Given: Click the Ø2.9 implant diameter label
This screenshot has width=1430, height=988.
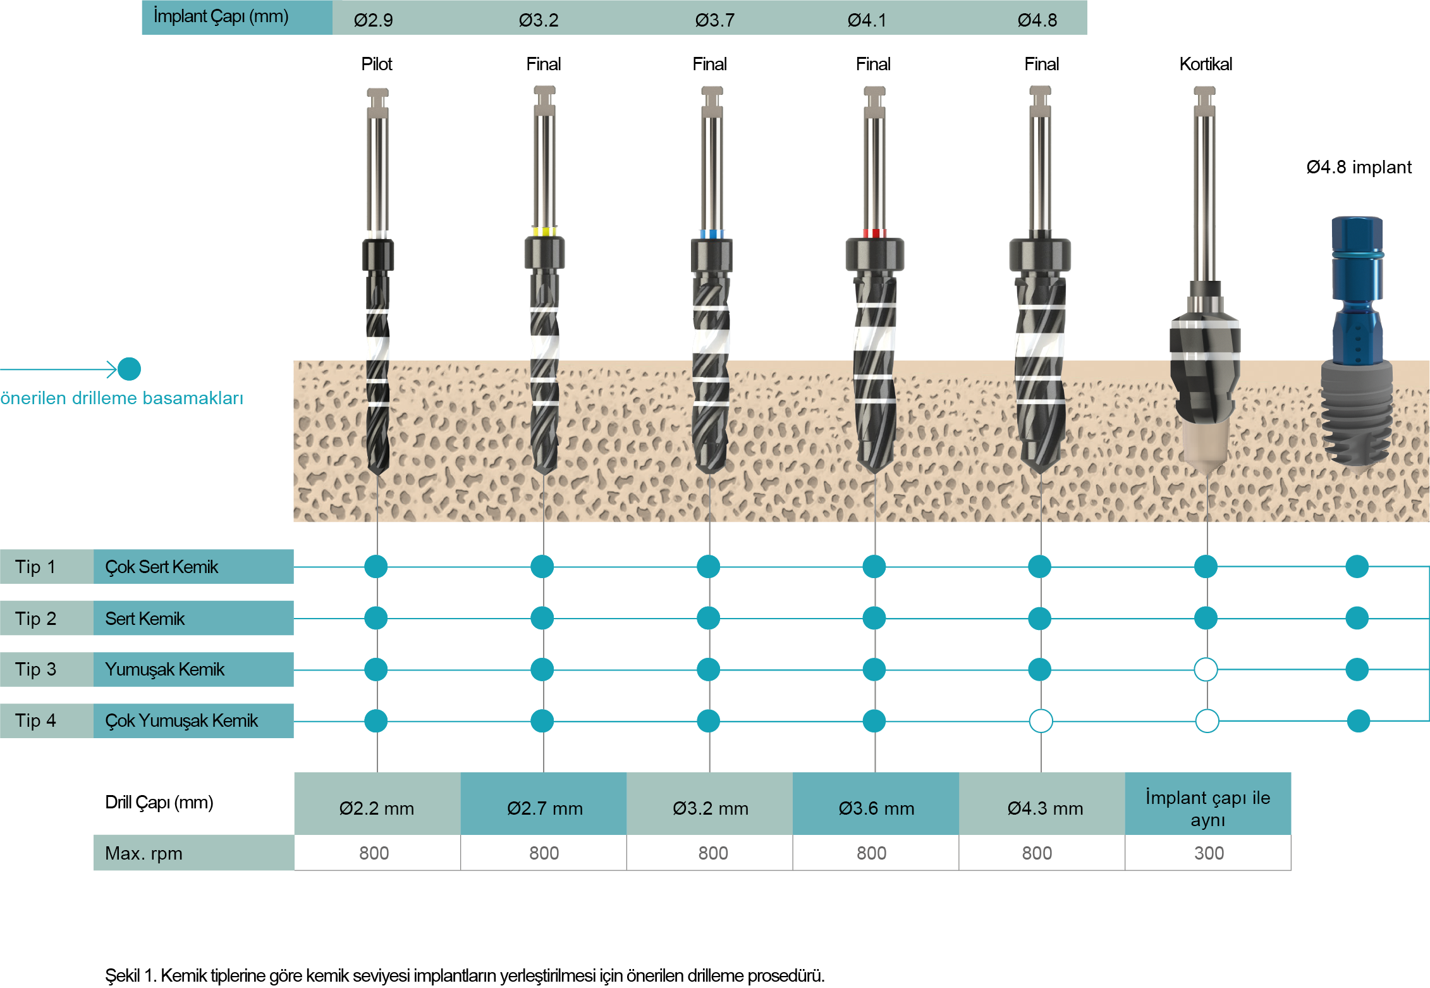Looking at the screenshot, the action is coord(373,20).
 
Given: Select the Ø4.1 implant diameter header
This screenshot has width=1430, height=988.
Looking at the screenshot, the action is coord(867,20).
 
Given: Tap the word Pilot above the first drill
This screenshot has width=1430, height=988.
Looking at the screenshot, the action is coord(377,64).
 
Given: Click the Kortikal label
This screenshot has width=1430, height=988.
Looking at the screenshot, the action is coord(1206,64).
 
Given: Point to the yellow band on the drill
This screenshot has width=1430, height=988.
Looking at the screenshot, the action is coord(544,232).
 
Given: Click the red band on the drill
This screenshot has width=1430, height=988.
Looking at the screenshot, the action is coord(875,233).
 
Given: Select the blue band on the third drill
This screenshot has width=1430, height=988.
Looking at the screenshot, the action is coord(712,233).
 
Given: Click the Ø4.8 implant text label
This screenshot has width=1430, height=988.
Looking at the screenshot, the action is coord(1359,167).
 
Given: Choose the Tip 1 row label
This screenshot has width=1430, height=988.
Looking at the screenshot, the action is coord(35,567).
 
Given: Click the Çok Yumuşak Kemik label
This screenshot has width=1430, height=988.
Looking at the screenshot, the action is coord(181,720).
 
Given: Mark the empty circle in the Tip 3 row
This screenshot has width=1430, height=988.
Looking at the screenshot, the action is coord(1206,669).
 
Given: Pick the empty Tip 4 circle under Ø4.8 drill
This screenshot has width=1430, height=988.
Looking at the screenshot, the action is coord(1041,720).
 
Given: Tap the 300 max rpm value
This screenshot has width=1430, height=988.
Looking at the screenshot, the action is coord(1209,853).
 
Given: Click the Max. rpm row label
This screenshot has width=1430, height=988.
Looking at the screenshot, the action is coord(144,853).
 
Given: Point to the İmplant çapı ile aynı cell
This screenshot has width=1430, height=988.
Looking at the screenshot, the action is coord(1208,803).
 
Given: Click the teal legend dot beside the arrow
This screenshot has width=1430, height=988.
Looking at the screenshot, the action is coord(129,369).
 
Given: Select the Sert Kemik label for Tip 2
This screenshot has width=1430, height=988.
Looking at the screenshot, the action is coord(145,619).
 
